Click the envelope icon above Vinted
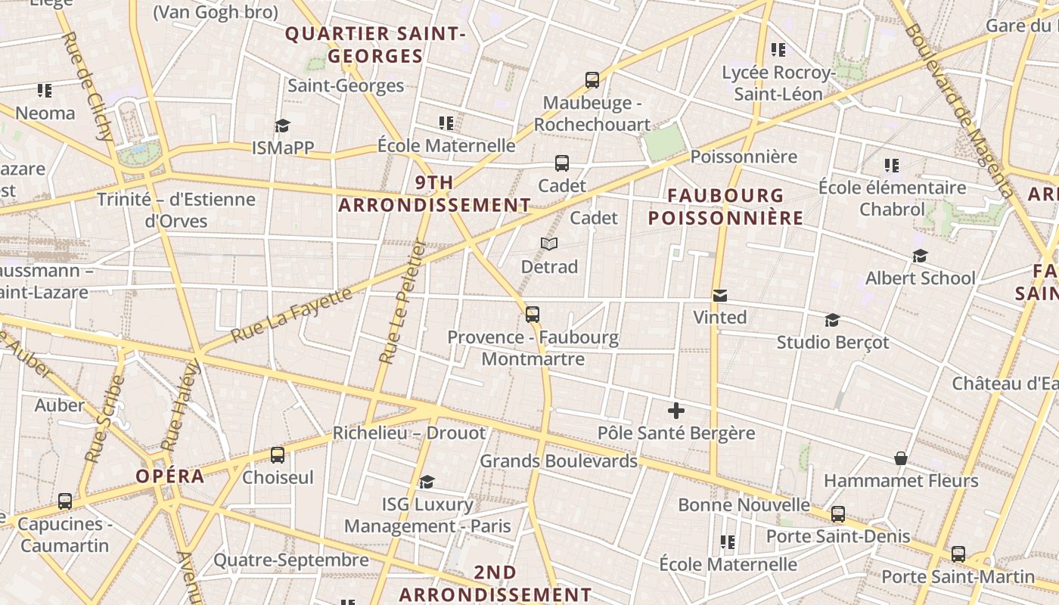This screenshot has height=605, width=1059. [720, 296]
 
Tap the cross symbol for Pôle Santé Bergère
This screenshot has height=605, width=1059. [676, 411]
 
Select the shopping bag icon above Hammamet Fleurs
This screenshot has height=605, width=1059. [901, 458]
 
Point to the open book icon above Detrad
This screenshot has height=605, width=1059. [549, 244]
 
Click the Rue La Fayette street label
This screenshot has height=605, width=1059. [291, 315]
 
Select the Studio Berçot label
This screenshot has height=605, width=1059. [833, 342]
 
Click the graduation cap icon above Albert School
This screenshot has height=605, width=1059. [920, 256]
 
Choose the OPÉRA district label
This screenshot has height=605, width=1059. [170, 476]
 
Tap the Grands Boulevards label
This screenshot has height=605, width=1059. [559, 461]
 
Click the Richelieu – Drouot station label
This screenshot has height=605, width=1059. [409, 433]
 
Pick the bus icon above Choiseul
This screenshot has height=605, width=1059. [278, 455]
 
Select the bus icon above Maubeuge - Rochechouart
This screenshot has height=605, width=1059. [592, 80]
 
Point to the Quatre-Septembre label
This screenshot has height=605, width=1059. [291, 560]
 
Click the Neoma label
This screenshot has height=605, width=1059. [45, 113]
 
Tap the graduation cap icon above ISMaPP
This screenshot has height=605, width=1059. [282, 126]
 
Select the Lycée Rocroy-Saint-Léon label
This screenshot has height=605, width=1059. [778, 83]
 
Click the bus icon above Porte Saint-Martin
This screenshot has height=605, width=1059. [958, 554]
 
